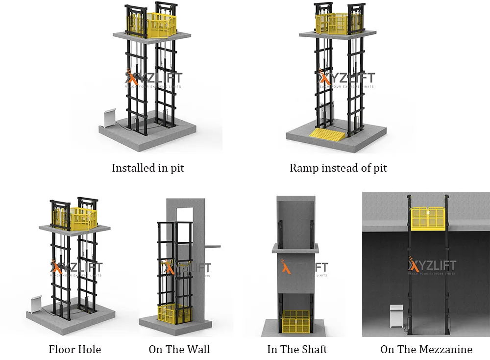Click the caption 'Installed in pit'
click(x=148, y=168)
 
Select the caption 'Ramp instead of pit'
click(x=338, y=168)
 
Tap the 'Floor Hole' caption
click(x=75, y=349)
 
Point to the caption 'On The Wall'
click(x=179, y=349)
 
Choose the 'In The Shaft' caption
click(x=297, y=349)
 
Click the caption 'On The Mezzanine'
click(x=426, y=349)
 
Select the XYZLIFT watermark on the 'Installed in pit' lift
click(x=153, y=78)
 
